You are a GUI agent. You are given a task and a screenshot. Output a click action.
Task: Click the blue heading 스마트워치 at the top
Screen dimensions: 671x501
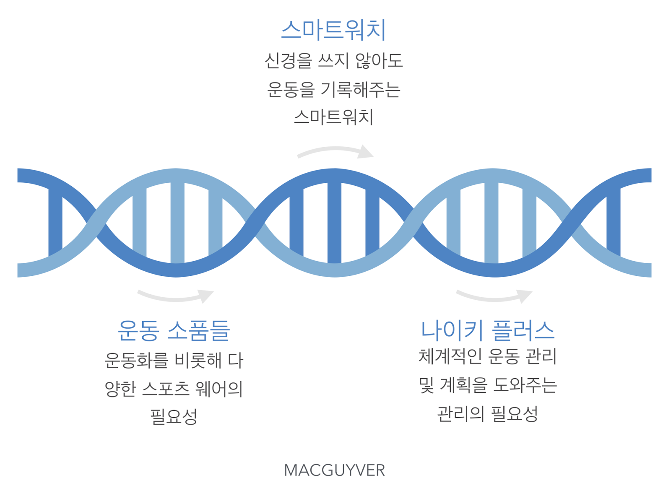333,30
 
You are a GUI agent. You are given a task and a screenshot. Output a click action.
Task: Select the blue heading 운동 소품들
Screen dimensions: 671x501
174,330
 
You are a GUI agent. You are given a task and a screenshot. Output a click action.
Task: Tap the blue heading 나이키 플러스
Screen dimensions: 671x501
488,330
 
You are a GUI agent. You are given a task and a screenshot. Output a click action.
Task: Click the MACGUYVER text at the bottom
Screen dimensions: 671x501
334,470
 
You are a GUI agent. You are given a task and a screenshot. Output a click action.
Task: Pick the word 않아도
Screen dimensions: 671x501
379,60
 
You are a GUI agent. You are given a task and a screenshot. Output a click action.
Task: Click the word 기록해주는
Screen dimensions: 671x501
361,89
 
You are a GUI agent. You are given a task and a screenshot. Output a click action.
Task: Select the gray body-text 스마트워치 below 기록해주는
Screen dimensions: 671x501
334,117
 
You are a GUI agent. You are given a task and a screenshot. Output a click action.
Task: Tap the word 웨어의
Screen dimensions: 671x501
219,389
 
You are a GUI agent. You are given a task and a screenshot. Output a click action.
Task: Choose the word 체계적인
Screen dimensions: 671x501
450,356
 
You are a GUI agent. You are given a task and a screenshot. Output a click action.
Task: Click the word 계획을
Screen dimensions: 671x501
463,385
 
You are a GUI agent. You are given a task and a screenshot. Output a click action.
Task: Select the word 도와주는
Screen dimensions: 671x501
525,385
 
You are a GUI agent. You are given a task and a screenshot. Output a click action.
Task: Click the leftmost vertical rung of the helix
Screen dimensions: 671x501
55,223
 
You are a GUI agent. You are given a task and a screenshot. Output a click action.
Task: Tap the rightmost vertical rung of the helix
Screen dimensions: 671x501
614,223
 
